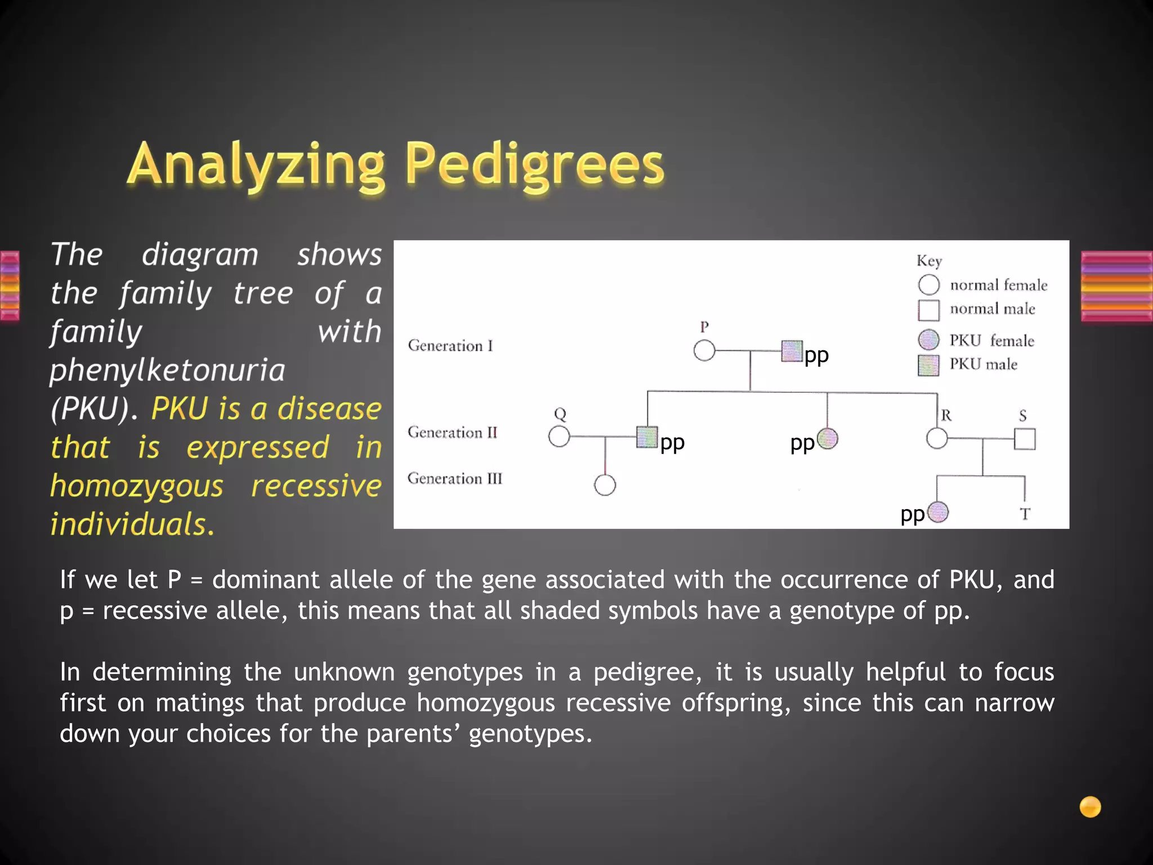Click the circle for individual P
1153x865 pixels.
[x=704, y=351]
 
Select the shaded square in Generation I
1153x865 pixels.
[x=792, y=351]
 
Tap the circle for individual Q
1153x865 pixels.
[x=559, y=436]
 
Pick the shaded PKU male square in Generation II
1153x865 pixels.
[x=647, y=436]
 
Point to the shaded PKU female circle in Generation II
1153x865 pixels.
[x=827, y=438]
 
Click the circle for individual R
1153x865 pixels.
[x=937, y=438]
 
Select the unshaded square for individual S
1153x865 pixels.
[x=1025, y=439]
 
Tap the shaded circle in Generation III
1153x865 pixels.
[x=937, y=512]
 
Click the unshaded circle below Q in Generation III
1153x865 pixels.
[x=605, y=485]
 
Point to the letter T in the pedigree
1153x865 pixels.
[x=1025, y=514]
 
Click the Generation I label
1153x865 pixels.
[x=450, y=346]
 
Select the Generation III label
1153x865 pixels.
[x=454, y=479]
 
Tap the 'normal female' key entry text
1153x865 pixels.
[x=998, y=286]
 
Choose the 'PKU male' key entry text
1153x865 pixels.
[x=983, y=364]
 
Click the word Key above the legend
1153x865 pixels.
[x=929, y=261]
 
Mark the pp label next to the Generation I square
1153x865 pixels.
[x=816, y=356]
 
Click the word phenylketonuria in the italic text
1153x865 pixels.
[x=167, y=371]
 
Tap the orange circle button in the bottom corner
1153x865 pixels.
[x=1090, y=806]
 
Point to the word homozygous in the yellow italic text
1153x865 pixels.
[x=137, y=486]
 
